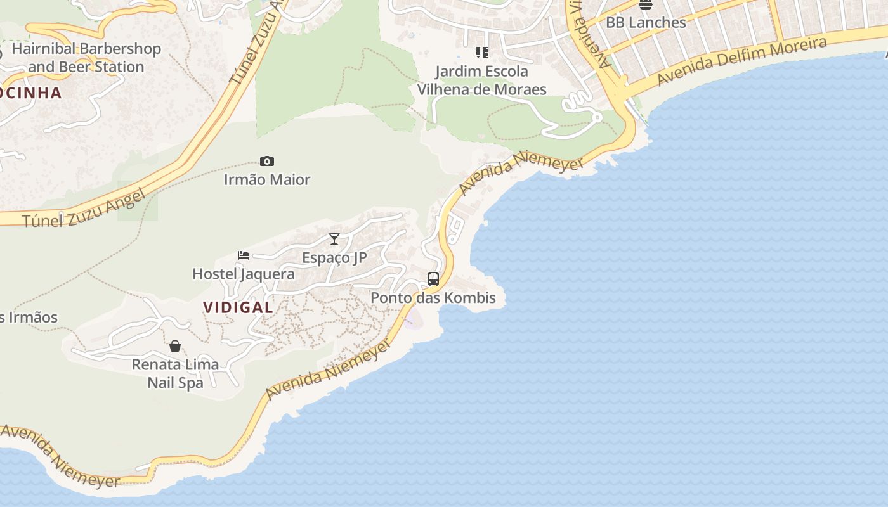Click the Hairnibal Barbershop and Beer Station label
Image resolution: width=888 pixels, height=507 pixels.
tap(86, 58)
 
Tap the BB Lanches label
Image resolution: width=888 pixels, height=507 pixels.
tap(646, 23)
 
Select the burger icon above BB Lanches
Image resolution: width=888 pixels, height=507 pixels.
tap(646, 4)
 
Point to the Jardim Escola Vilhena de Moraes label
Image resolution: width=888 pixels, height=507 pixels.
tap(482, 80)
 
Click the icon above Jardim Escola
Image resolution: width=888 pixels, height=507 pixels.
tap(482, 52)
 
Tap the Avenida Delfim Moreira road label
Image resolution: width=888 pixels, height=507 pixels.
tap(742, 61)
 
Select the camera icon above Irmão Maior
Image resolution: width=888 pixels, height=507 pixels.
tap(267, 162)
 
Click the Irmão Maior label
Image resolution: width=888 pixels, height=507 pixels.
tap(267, 180)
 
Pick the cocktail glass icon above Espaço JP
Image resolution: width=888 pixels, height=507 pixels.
tap(334, 239)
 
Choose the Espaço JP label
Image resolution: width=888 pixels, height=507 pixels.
tap(334, 258)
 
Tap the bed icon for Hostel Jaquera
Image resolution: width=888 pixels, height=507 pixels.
tap(244, 255)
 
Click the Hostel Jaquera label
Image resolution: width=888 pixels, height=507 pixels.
tap(244, 274)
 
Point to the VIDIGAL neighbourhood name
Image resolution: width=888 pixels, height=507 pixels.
tap(238, 307)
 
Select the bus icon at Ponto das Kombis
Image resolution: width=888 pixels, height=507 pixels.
tap(433, 279)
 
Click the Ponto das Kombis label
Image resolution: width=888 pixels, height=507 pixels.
tap(433, 298)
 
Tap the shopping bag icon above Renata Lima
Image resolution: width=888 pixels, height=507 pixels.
tap(175, 346)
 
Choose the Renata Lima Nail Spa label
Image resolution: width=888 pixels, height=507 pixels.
tap(176, 373)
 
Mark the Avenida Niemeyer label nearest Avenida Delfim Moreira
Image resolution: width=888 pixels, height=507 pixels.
tap(521, 172)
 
